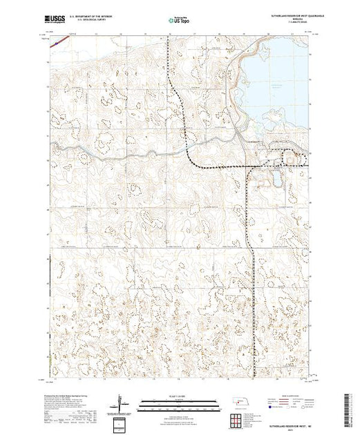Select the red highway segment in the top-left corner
coord(61,40)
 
